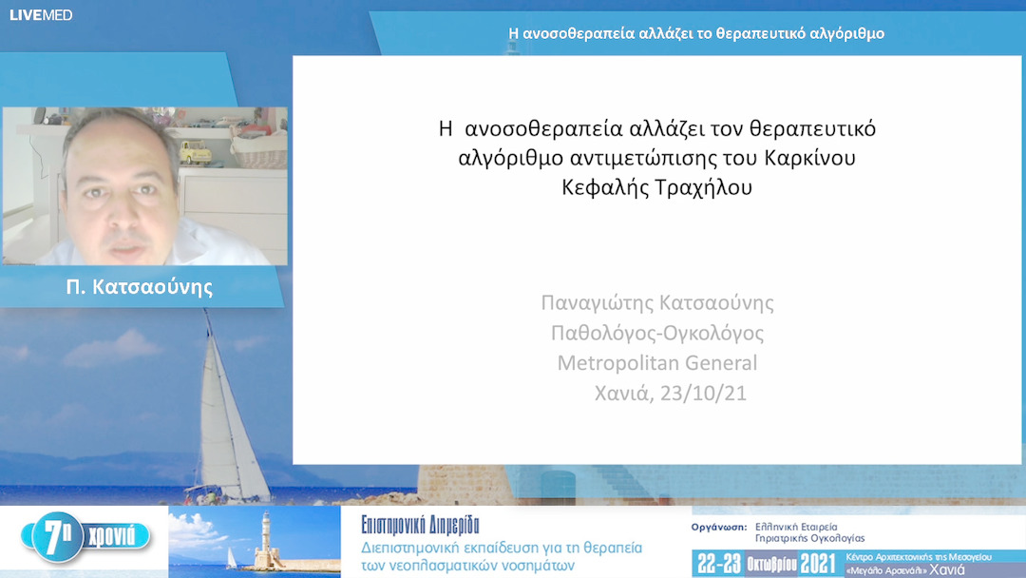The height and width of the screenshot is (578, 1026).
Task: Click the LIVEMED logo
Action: click(x=41, y=14)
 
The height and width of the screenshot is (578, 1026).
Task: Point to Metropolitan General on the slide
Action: click(x=657, y=362)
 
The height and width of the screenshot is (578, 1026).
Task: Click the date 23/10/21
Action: click(x=699, y=393)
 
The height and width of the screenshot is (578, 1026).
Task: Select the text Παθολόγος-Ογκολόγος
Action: click(x=657, y=333)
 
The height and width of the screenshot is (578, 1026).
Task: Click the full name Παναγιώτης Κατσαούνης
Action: click(x=657, y=303)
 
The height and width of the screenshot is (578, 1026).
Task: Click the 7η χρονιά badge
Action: click(x=90, y=538)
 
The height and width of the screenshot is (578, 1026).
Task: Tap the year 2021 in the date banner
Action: click(x=818, y=563)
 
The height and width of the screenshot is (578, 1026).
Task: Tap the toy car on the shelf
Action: click(x=196, y=150)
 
